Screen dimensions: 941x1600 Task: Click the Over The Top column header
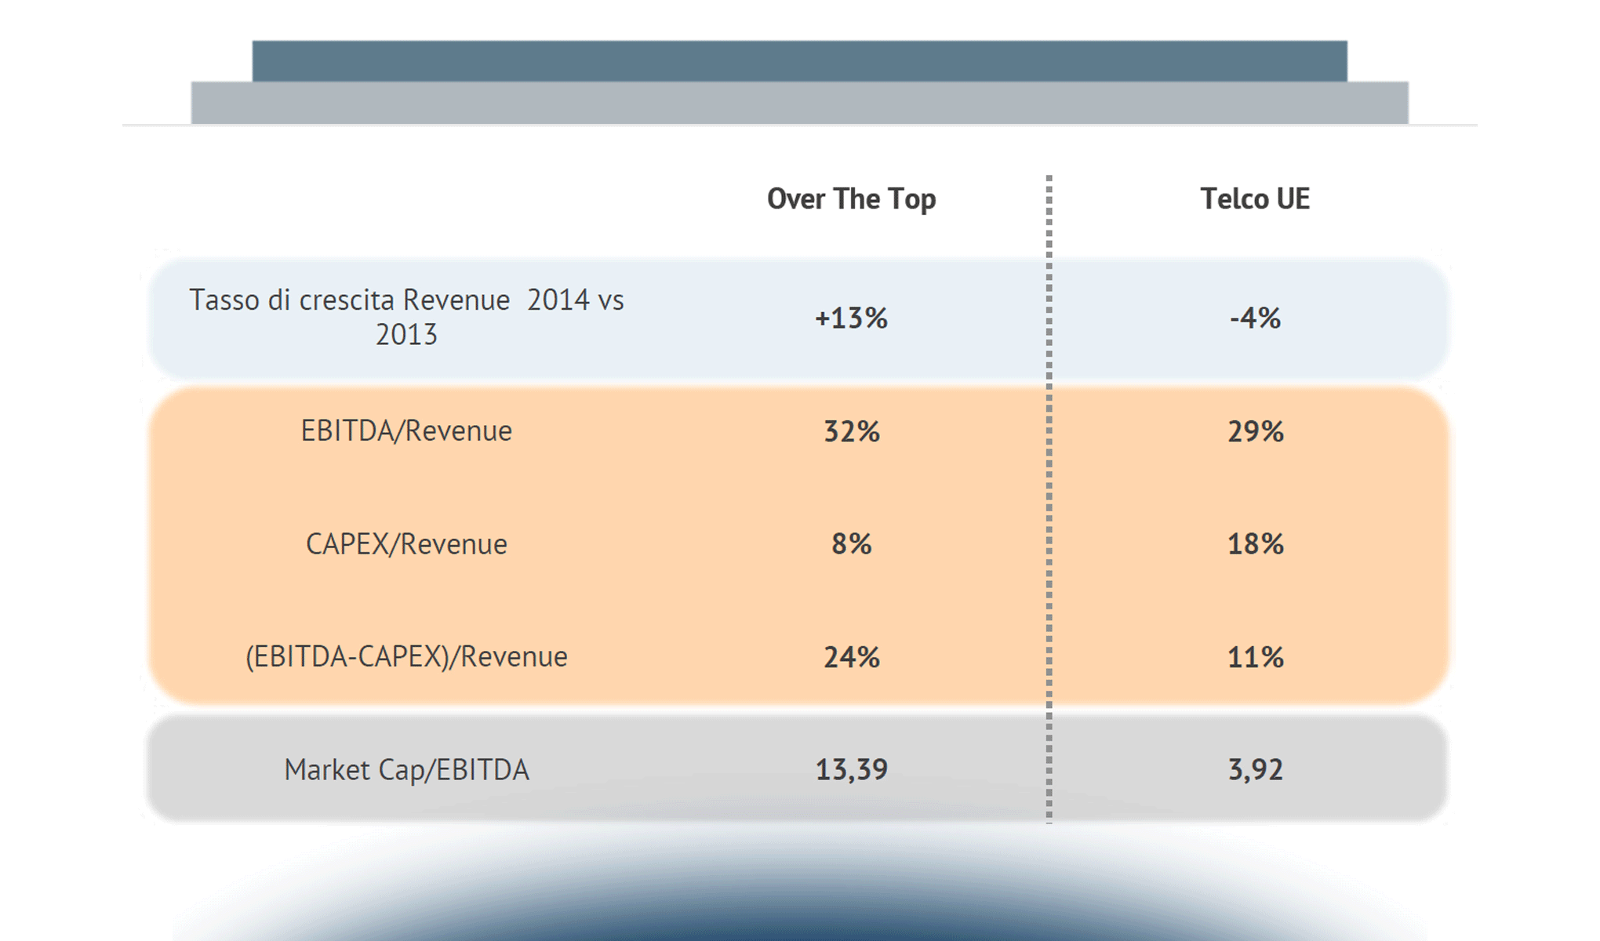coord(851,199)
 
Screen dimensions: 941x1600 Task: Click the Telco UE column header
coord(1255,199)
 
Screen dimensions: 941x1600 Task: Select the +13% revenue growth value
coord(851,318)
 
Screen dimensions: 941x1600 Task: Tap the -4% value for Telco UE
coord(1255,318)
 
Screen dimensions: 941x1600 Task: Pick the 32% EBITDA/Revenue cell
coord(851,431)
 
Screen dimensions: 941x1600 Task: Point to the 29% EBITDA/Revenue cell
coord(1255,431)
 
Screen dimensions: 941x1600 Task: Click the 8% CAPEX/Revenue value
coord(851,544)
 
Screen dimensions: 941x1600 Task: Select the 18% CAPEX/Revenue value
coord(1255,544)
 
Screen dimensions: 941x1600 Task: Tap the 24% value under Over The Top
coord(851,657)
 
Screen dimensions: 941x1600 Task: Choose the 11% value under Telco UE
coord(1255,657)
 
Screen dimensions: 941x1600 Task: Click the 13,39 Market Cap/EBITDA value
coord(851,770)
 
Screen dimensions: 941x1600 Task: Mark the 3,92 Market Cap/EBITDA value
coord(1255,770)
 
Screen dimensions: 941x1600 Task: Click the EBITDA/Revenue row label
coord(406,431)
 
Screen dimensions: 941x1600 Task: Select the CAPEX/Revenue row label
coord(406,544)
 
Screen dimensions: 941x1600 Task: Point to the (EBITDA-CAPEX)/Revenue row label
coord(406,657)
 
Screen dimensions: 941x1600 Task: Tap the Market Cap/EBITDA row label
coord(406,770)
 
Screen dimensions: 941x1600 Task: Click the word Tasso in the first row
coord(224,300)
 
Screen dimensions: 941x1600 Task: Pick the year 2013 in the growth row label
coord(406,335)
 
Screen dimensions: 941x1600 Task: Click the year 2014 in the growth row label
coord(558,300)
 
